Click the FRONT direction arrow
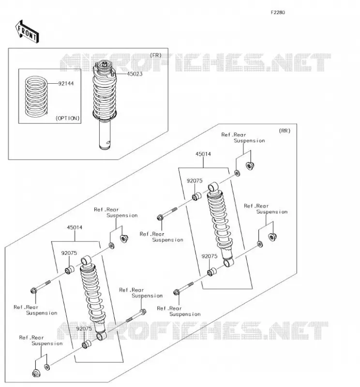[x=27, y=32]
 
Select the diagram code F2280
[x=278, y=13]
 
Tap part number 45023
[x=135, y=74]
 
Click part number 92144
[x=66, y=84]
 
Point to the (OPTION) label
[x=67, y=118]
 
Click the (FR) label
[x=155, y=55]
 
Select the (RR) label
[x=285, y=131]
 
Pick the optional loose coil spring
[x=36, y=96]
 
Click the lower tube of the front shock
[x=105, y=134]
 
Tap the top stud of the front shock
[x=105, y=64]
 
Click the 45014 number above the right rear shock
[x=203, y=154]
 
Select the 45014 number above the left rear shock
[x=75, y=227]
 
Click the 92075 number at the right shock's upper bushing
[x=195, y=180]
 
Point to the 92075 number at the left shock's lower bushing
[x=84, y=329]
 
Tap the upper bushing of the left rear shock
[x=69, y=270]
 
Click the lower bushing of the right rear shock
[x=212, y=272]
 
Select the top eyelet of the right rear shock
[x=213, y=186]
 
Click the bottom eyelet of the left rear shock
[x=102, y=336]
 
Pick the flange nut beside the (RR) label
[x=250, y=165]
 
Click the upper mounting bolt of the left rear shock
[x=41, y=286]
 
